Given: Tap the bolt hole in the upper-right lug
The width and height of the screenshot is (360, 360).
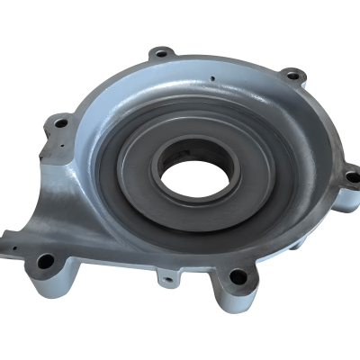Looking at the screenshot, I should coord(290,75).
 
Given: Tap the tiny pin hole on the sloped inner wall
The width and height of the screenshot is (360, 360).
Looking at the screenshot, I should coord(209,87).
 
